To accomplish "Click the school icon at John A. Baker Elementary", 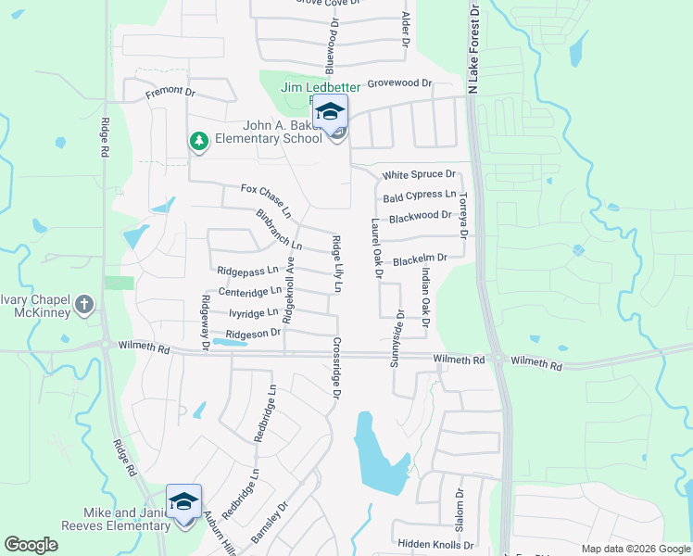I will click(330, 112).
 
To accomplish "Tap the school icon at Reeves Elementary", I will click(183, 501).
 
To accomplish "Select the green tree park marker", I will click(197, 141).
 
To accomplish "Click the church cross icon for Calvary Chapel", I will click(83, 303).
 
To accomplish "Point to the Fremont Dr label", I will click(170, 94).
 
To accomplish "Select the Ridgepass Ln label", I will click(247, 271).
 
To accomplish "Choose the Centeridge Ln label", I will click(249, 292).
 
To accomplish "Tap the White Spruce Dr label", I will click(420, 174).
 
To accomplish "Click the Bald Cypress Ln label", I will click(420, 196).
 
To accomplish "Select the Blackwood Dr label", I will click(420, 217).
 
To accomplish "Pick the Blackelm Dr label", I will click(420, 260).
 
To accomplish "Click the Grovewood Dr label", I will click(400, 83).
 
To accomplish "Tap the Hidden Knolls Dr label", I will click(435, 545).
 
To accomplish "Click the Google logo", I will click(31, 545).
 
